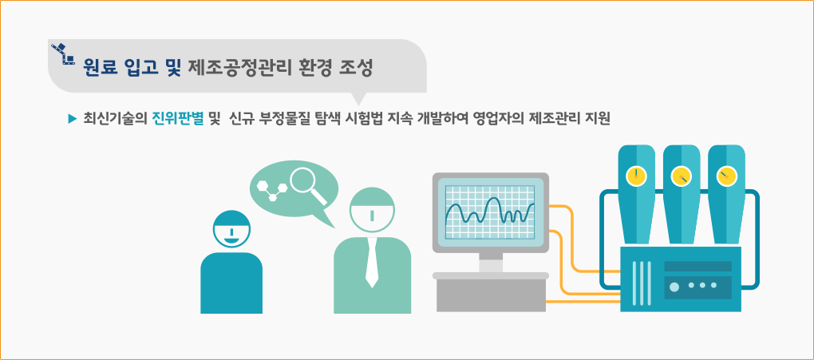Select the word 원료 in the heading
point(98,68)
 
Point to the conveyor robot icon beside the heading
point(62,54)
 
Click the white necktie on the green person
point(372,263)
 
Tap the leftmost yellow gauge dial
point(636,176)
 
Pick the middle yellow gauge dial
point(681,176)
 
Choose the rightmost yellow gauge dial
point(725,176)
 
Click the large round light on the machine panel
point(674,287)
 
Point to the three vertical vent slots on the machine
point(642,283)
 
